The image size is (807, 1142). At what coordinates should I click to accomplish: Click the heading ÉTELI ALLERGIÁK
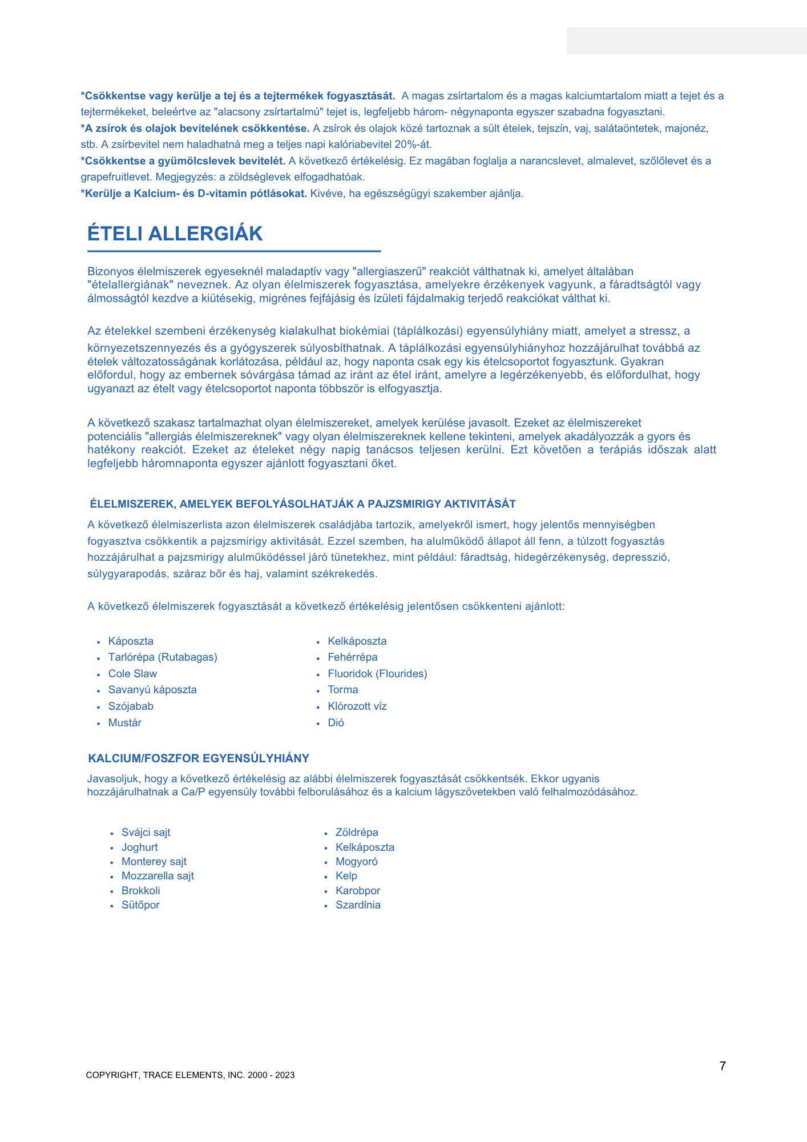(175, 234)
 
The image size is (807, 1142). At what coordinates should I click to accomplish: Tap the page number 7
(723, 1066)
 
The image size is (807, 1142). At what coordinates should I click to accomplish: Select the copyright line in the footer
(190, 1075)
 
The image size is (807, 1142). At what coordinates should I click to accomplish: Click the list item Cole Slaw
(132, 674)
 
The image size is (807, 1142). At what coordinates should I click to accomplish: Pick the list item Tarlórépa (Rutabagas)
(163, 657)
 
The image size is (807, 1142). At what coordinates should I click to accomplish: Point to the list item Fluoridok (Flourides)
(377, 674)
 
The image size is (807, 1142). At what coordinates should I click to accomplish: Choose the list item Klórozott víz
(357, 706)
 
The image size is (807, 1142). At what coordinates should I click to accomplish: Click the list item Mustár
(125, 723)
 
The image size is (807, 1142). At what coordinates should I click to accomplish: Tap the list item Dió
(336, 723)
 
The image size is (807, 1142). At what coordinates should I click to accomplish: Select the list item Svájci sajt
(146, 833)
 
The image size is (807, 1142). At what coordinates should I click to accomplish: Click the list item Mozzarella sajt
(158, 876)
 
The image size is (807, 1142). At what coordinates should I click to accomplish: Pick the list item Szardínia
(358, 905)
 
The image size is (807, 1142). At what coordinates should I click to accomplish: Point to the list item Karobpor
(358, 891)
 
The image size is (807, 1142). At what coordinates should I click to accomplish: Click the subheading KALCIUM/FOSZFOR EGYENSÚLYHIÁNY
(199, 758)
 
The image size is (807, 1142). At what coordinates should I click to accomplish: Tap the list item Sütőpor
(140, 905)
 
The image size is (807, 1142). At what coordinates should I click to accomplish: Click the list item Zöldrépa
(357, 833)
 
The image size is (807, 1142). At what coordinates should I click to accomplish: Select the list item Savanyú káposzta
(152, 690)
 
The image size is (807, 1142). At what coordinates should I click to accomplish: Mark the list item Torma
(343, 690)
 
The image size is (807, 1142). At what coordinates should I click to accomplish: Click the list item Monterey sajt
(154, 862)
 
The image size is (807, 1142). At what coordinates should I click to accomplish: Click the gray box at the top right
(687, 41)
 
